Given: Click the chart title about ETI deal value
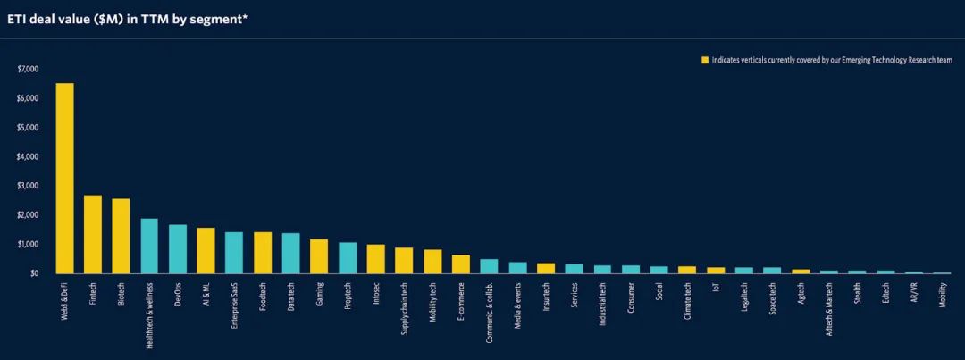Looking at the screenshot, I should click(x=127, y=18).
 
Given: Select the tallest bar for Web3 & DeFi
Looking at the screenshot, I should click(x=64, y=179).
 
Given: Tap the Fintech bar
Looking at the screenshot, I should click(x=93, y=234).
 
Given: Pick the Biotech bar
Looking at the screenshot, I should click(x=121, y=236).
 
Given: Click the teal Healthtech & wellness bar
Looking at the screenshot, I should click(x=149, y=246).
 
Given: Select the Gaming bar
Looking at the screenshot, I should click(x=319, y=255).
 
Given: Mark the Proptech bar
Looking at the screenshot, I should click(x=348, y=257).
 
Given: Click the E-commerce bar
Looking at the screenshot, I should click(x=461, y=264).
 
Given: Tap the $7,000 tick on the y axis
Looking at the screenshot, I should click(x=29, y=69).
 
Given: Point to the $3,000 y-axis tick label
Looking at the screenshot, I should click(x=29, y=186).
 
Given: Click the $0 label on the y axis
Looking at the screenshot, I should click(x=34, y=273).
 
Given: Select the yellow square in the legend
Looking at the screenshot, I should click(x=704, y=60).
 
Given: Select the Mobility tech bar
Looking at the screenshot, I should click(x=432, y=261).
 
